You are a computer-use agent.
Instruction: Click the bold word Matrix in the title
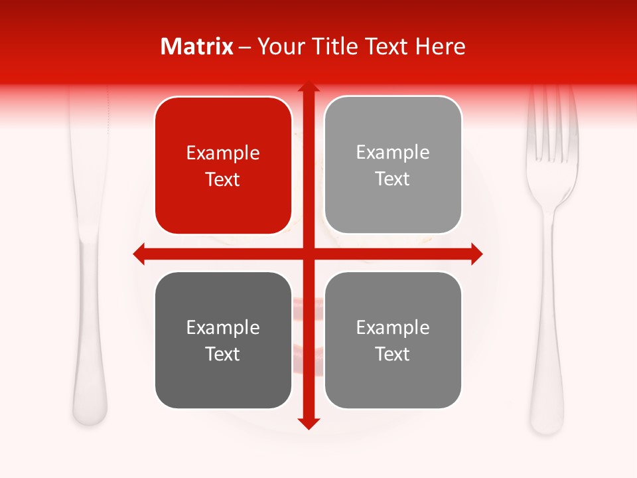[x=197, y=46]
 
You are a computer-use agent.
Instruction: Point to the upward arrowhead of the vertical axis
[x=308, y=87]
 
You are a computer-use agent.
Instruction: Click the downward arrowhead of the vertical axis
[x=308, y=424]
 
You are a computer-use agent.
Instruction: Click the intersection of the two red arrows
[x=308, y=254]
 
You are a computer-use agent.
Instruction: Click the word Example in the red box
[x=223, y=153]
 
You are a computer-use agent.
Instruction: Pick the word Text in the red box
[x=223, y=179]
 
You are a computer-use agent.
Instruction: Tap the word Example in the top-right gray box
[x=393, y=152]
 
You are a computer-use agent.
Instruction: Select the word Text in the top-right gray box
[x=393, y=179]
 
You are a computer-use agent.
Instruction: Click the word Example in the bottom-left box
[x=223, y=327]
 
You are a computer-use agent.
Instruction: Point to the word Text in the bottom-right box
[x=393, y=354]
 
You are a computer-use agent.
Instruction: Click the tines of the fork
[x=552, y=126]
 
